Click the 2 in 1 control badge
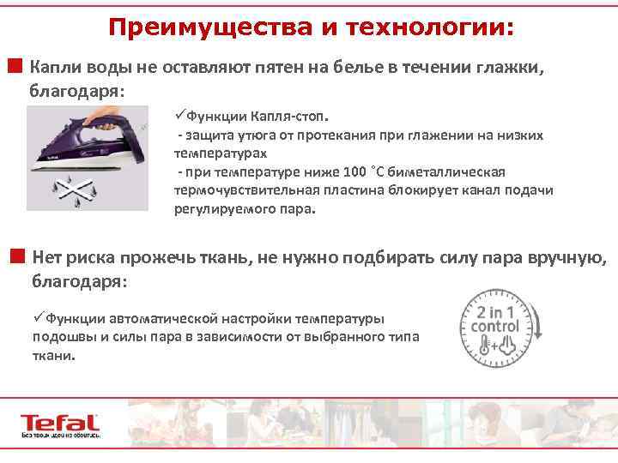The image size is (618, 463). pos(490,321)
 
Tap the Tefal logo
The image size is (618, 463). pos(59,424)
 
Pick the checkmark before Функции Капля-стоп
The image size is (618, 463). pos(179,116)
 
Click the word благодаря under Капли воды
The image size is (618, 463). pos(76,91)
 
